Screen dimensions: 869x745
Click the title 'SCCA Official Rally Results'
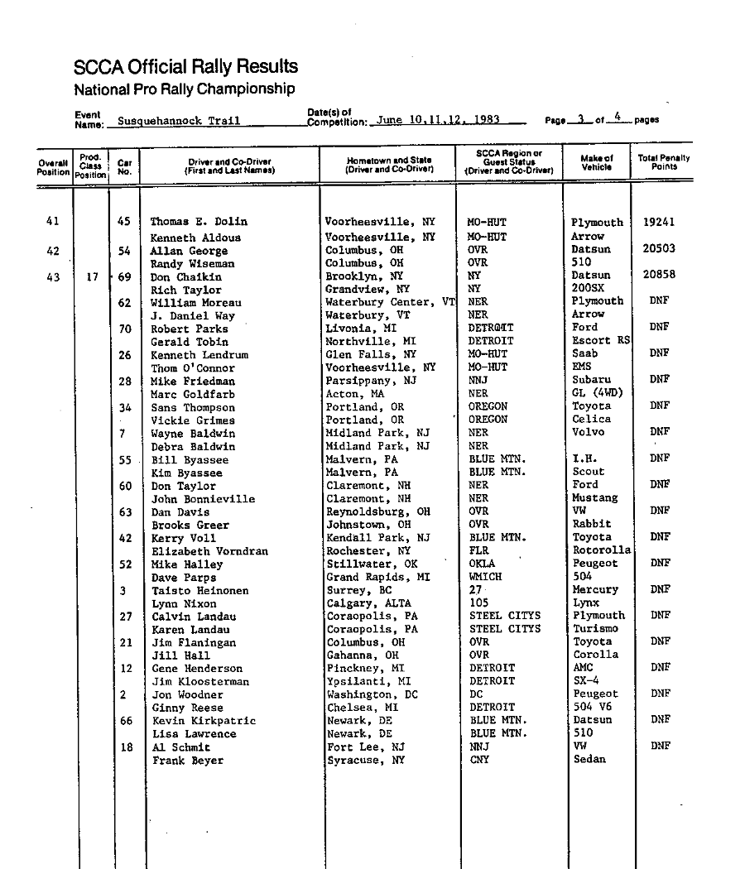point(185,67)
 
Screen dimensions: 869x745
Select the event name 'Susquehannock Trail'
point(178,121)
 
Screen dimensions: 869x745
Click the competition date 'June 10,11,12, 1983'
point(438,120)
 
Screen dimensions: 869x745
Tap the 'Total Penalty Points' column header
point(664,162)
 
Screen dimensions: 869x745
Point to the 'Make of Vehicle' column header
point(597,162)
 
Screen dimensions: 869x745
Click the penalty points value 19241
point(659,222)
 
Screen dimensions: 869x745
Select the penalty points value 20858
point(659,276)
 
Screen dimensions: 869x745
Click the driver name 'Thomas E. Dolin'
point(199,222)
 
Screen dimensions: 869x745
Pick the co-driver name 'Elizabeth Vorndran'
point(209,551)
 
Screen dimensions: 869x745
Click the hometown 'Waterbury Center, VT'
point(390,302)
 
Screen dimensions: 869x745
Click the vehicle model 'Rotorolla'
point(601,550)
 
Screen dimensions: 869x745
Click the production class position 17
point(91,278)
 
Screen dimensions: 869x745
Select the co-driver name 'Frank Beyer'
point(188,761)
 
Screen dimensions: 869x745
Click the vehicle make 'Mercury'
point(595,590)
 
